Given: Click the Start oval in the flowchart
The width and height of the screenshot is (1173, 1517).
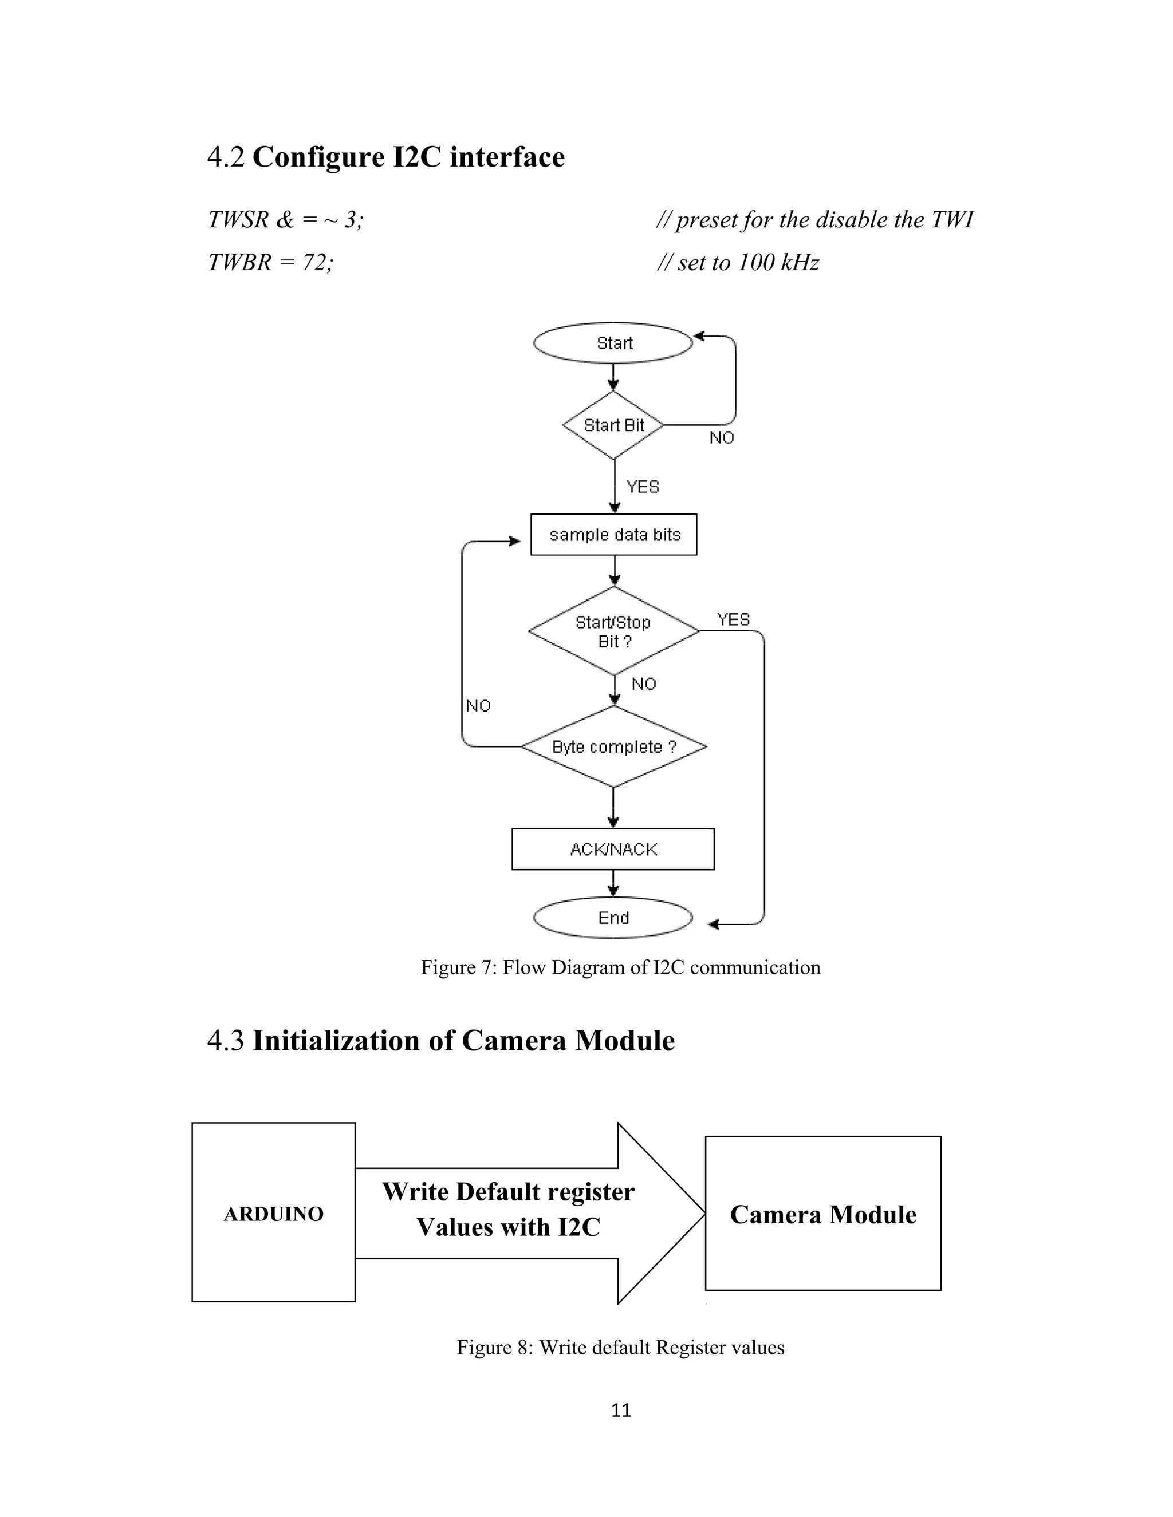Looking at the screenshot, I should [x=613, y=343].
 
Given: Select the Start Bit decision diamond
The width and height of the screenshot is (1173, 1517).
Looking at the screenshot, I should [x=613, y=425].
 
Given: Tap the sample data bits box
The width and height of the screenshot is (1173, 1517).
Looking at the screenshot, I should [x=613, y=535].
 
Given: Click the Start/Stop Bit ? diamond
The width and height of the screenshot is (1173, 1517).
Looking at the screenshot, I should [x=613, y=631].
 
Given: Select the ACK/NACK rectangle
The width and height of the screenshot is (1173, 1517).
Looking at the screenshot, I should [x=613, y=849].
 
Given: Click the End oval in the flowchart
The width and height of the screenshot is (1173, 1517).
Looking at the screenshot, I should [x=613, y=918].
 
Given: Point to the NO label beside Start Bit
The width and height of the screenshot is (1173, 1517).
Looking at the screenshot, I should [x=721, y=437].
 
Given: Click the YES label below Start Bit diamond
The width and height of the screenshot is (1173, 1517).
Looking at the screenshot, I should [x=642, y=487].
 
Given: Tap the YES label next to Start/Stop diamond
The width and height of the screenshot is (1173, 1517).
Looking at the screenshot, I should [x=733, y=619].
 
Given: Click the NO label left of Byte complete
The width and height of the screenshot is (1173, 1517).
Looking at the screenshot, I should [x=478, y=706].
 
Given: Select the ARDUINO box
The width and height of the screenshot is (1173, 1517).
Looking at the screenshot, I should [x=273, y=1214].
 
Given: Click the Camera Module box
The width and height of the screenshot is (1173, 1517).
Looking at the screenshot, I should [x=823, y=1214].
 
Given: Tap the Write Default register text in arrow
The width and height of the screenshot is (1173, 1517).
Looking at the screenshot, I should [x=508, y=1192].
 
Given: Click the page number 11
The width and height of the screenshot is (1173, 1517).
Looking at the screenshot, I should [x=620, y=1410].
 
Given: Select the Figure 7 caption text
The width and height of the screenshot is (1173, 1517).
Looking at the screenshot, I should [x=620, y=967].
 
